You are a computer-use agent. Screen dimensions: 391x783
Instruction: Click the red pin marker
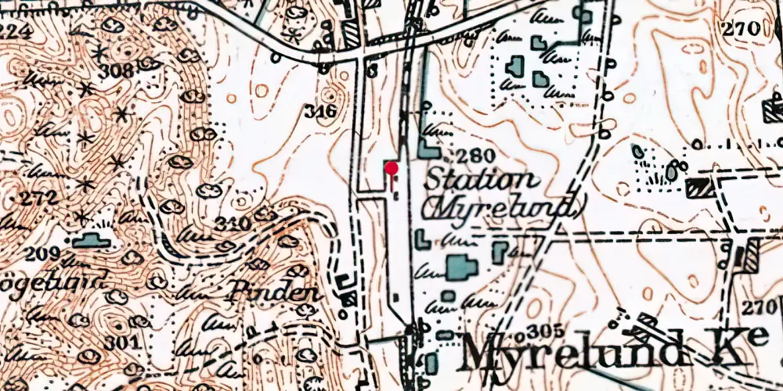pos(391,168)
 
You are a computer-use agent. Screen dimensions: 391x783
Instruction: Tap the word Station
pos(481,181)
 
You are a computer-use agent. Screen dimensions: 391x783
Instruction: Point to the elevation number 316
pos(322,111)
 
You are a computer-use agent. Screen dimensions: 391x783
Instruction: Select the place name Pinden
pos(274,293)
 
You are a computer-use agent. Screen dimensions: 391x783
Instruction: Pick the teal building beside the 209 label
pos(92,241)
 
